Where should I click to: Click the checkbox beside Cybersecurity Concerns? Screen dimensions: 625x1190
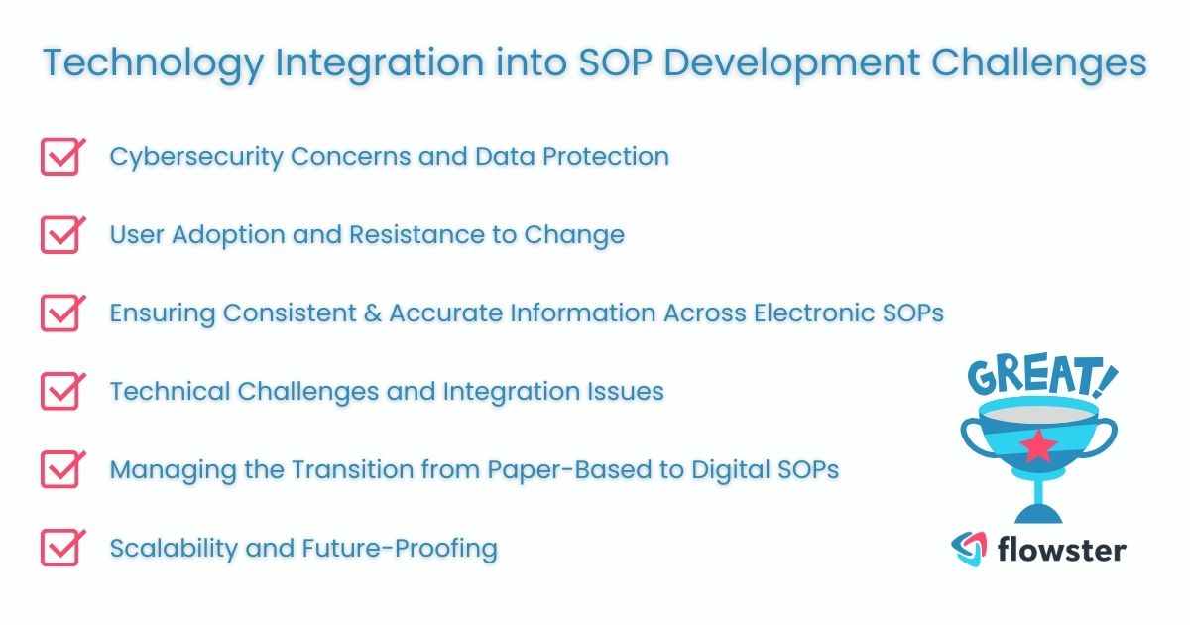(59, 157)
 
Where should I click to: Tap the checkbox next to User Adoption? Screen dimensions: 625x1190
(59, 235)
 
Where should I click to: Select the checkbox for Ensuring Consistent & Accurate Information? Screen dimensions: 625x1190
(59, 312)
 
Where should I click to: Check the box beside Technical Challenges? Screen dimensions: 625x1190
(59, 391)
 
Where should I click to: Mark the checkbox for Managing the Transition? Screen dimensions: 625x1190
(59, 469)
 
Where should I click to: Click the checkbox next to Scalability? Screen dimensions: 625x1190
(59, 547)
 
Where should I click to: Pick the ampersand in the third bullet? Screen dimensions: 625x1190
(371, 313)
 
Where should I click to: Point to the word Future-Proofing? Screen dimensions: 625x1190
(422, 548)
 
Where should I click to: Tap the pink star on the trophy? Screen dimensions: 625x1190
(1038, 446)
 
